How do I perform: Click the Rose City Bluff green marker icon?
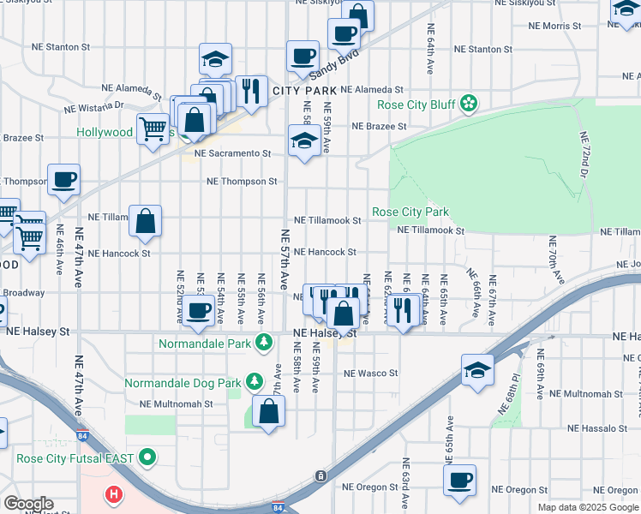point(469,105)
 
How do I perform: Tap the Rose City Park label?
point(410,212)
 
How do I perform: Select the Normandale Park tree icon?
point(265,344)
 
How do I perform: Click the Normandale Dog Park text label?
point(181,382)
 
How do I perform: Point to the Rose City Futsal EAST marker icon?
point(147,458)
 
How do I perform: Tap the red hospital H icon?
point(113,494)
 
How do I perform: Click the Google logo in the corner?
point(28,504)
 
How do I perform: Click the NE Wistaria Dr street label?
point(94,108)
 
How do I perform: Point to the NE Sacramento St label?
point(232,153)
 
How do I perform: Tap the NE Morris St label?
point(554,27)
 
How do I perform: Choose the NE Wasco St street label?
point(371,374)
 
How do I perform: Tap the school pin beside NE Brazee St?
point(304,140)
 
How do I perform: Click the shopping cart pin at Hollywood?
point(153,129)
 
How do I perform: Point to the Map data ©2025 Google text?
point(587,507)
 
